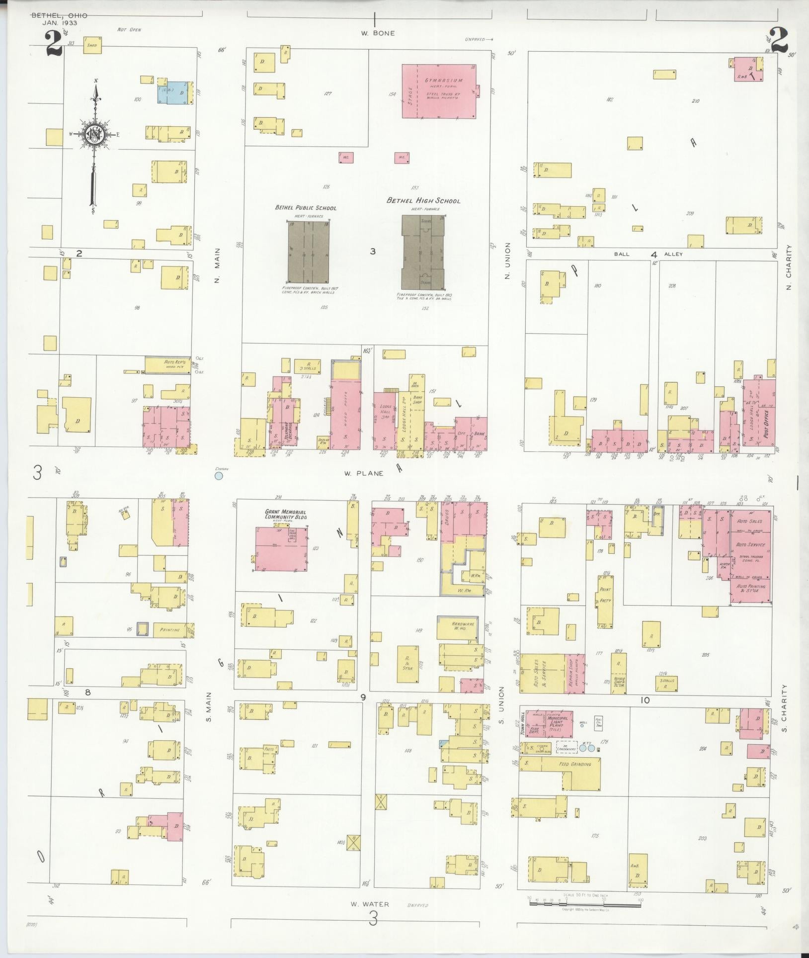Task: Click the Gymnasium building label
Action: (x=444, y=81)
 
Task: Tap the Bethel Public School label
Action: (x=306, y=208)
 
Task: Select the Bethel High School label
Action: (x=423, y=201)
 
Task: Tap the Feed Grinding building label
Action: (x=575, y=764)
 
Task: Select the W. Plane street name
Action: (x=364, y=473)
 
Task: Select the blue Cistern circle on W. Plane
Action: (x=218, y=476)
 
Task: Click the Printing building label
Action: (x=169, y=630)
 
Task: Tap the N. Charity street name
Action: (x=789, y=267)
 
